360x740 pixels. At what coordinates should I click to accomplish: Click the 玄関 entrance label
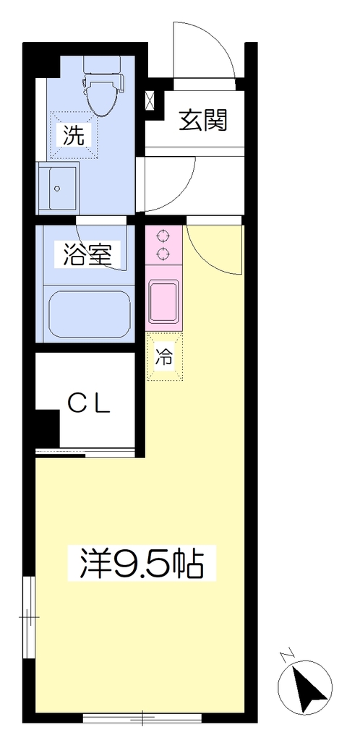pos(203,120)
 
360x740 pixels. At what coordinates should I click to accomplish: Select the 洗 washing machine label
pos(74,136)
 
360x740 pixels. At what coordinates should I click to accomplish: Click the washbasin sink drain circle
pos(57,189)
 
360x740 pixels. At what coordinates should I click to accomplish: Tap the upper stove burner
pos(163,236)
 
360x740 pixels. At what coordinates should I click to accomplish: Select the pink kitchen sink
pos(163,301)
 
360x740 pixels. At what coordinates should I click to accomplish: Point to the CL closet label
pos(89,403)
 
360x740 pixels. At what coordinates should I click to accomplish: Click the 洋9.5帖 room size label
pos(142,563)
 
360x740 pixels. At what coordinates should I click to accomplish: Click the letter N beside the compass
pos(286,656)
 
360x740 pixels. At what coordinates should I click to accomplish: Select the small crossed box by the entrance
pos(150,100)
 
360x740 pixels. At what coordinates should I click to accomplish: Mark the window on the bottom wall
pos(142,718)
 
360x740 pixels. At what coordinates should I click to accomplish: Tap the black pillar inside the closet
pos(47,428)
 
